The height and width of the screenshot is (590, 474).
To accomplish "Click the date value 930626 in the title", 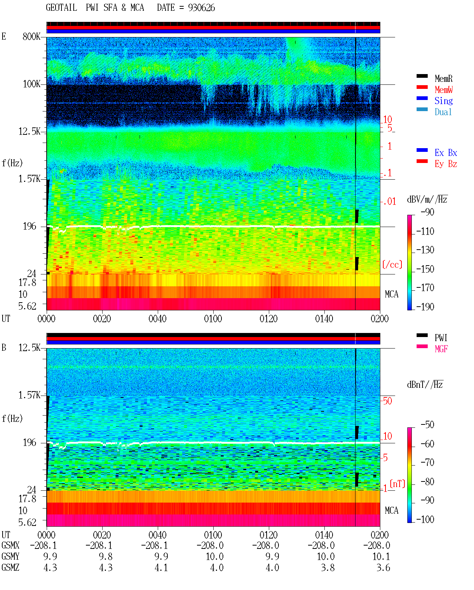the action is [201, 8].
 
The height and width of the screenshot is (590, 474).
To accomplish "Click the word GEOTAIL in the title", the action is [61, 8].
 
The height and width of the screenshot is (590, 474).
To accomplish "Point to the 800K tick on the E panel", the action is [31, 36].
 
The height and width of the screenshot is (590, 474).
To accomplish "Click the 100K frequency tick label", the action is [31, 84].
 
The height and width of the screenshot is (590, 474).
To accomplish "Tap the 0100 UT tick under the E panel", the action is [213, 319].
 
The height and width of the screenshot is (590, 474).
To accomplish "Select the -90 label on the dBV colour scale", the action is [427, 212].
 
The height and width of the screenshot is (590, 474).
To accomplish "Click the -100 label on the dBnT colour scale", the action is [425, 519].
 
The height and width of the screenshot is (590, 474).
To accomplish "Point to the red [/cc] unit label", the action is [392, 264].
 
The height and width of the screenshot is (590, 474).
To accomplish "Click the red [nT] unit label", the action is [397, 484].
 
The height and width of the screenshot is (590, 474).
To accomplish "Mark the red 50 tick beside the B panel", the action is [387, 401].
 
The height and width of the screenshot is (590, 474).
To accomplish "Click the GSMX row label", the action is [10, 545].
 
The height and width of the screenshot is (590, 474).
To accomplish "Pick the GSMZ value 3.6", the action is [383, 567].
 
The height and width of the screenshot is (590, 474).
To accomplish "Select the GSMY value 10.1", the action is [381, 557].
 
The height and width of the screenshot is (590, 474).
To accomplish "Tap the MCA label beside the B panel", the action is [391, 510].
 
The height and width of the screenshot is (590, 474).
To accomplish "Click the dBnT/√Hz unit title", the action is [425, 385].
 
